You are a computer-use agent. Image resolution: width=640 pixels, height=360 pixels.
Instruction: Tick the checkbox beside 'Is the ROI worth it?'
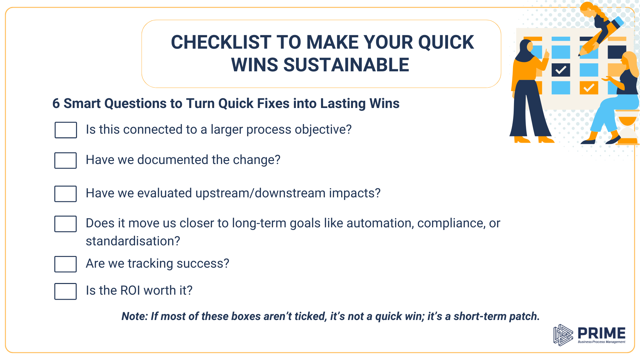coord(65,291)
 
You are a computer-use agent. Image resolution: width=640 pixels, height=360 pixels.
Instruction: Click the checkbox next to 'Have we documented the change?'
coord(65,160)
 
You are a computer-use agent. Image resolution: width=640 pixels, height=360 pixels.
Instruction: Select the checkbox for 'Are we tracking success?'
coord(65,264)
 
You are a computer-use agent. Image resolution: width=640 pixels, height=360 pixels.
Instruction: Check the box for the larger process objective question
coord(66,130)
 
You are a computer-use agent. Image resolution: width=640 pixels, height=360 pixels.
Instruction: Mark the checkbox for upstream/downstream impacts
coord(65,194)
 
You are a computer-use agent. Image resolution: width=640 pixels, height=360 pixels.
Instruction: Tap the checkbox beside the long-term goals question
coord(65,224)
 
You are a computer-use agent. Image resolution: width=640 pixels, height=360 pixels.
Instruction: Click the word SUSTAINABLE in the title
coord(346,65)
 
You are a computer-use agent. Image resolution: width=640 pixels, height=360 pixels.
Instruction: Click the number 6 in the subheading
coord(56,104)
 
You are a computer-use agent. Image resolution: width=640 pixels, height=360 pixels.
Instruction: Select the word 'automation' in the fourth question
coord(380,223)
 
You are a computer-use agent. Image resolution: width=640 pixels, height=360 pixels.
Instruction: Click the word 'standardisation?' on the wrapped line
coord(133,241)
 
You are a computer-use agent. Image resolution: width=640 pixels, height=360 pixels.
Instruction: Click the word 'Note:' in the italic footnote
coord(135,316)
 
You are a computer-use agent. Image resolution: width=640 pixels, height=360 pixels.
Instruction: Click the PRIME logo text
coord(601,333)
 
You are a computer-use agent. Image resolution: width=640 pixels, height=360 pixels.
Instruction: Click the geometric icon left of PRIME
coord(563,335)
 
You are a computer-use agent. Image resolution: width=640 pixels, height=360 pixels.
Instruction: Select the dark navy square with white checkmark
coord(561,70)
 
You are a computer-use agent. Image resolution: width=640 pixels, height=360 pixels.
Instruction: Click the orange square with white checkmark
coord(589,88)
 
